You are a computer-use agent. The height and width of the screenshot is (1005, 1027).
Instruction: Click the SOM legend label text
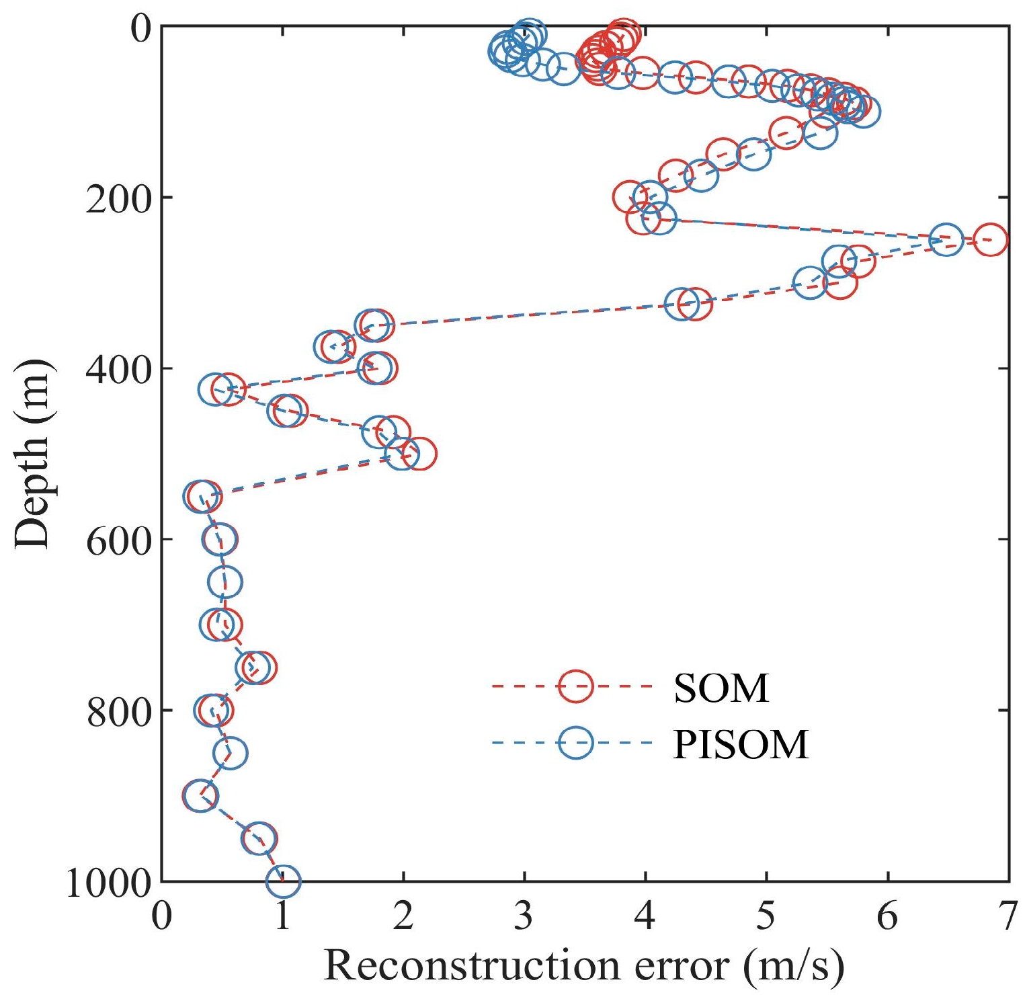[x=721, y=688]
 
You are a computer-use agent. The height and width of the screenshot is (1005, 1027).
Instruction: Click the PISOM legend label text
[x=741, y=744]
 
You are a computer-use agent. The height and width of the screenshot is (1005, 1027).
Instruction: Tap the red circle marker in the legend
[x=575, y=686]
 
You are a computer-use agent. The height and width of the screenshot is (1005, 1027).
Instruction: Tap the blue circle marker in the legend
[x=575, y=743]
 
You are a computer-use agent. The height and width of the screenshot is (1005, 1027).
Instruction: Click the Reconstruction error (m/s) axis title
[x=583, y=966]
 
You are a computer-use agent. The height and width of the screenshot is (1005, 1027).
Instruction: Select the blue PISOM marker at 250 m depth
[x=946, y=240]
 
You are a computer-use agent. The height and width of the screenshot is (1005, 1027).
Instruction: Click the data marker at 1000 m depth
[x=283, y=881]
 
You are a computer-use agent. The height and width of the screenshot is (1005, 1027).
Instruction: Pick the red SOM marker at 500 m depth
[x=419, y=454]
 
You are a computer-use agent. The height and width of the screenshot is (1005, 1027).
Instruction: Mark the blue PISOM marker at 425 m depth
[x=215, y=389]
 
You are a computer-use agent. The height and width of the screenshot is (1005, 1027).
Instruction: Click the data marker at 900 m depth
[x=200, y=796]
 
